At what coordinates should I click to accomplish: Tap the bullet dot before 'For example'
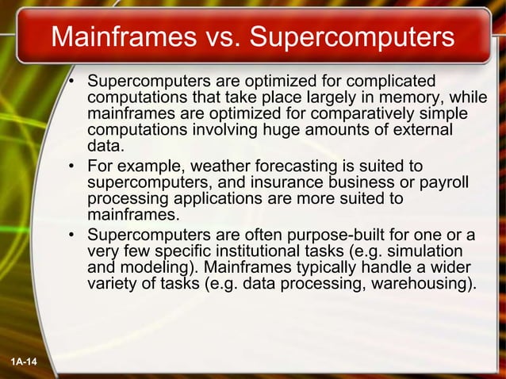coord(72,167)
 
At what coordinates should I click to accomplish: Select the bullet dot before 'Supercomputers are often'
coord(72,235)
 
